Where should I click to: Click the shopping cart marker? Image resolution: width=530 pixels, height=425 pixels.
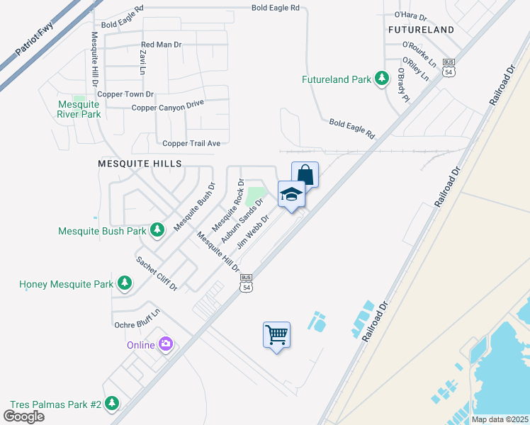(x=276, y=334)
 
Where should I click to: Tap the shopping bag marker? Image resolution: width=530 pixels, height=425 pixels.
(x=305, y=174)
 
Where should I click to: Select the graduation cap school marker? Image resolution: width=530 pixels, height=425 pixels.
(x=291, y=194)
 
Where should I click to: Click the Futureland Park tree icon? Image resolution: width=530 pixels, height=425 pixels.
(x=382, y=79)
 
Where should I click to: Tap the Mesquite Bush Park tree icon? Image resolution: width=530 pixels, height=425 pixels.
(x=157, y=229)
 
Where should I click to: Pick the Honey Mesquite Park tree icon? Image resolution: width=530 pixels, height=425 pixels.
(x=125, y=284)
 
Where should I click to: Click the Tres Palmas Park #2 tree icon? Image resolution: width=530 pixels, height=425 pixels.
(x=111, y=404)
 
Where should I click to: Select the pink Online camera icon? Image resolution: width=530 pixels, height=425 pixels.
(x=166, y=345)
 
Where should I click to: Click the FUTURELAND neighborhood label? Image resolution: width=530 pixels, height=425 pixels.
(x=421, y=30)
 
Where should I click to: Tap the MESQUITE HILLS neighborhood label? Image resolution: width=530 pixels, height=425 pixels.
(x=140, y=163)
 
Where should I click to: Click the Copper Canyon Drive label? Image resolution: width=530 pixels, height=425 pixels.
(x=167, y=106)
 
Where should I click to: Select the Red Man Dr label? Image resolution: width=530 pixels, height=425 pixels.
(x=162, y=45)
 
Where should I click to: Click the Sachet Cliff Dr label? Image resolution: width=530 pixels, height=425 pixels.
(x=157, y=273)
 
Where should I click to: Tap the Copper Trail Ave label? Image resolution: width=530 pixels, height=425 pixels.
(x=191, y=143)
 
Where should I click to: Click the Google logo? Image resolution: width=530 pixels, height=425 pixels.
(x=23, y=416)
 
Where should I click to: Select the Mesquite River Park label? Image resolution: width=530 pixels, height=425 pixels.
(x=79, y=109)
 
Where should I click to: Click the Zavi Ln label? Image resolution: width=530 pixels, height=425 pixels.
(x=142, y=64)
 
